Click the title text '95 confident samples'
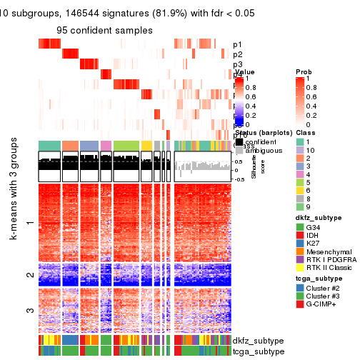[104, 31]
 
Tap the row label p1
[238, 44]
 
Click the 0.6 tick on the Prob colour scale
[312, 98]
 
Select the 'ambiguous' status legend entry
[261, 151]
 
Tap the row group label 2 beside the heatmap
[30, 275]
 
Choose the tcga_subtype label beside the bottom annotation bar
[258, 351]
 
